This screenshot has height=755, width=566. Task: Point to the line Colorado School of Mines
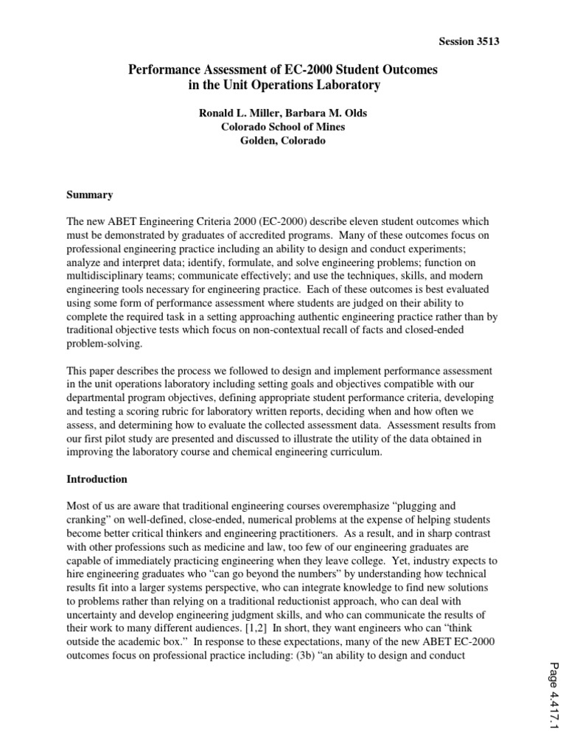[x=283, y=126]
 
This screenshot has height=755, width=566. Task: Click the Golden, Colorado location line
[x=283, y=140]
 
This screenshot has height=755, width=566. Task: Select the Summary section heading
[x=90, y=195]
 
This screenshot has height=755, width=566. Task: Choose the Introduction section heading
[x=97, y=479]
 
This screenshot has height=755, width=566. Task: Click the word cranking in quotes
[x=90, y=519]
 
